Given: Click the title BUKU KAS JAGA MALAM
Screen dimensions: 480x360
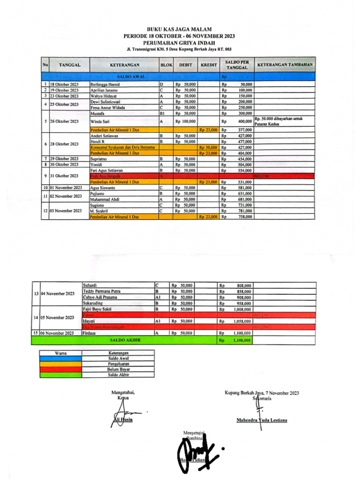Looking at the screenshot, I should click(x=179, y=29).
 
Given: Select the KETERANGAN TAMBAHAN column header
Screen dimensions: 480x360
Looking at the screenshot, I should click(x=285, y=65).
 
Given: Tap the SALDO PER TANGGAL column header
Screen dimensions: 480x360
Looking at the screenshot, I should click(x=237, y=65).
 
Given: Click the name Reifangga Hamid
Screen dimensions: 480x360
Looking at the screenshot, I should click(x=105, y=84).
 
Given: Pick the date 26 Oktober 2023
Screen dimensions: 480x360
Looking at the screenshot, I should click(x=65, y=121).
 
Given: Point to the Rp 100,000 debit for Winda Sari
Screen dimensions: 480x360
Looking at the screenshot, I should click(x=185, y=121).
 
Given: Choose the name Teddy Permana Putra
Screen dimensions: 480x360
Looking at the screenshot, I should click(x=101, y=291).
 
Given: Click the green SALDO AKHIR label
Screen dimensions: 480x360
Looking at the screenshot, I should click(x=125, y=339).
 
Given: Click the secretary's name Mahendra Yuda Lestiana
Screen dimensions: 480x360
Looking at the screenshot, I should click(x=262, y=420).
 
